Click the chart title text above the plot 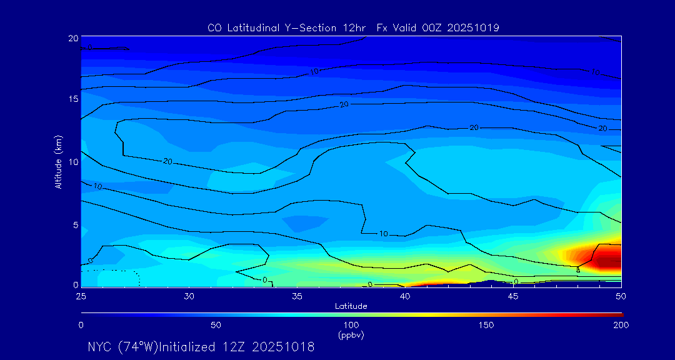pos(353,27)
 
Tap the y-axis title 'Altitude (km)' pos(58,161)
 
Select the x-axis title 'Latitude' pos(351,306)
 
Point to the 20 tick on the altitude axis pos(72,38)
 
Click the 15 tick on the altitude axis pos(72,99)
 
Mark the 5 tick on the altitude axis pos(75,224)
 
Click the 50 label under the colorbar pos(216,325)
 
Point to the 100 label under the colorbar pos(351,325)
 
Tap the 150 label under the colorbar pos(486,325)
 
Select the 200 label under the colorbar pos(621,325)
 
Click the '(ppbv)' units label pos(351,335)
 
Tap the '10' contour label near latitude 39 pos(383,234)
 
